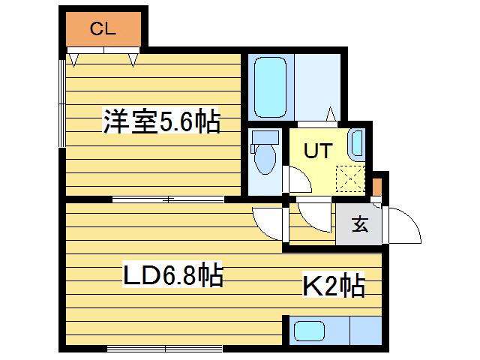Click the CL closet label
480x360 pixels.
103,29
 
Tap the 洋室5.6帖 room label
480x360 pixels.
161,121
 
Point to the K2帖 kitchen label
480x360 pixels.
334,285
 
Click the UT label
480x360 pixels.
318,150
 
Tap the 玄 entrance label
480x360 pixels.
359,224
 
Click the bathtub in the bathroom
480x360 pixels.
271,87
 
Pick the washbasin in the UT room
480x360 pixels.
357,143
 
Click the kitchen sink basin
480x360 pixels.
309,331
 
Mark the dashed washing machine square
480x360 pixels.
350,178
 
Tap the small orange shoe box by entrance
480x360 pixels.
377,187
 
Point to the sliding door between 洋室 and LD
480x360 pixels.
168,200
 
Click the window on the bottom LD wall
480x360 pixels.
165,348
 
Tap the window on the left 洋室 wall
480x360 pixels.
62,103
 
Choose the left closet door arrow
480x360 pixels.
73,60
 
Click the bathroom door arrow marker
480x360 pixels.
331,114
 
